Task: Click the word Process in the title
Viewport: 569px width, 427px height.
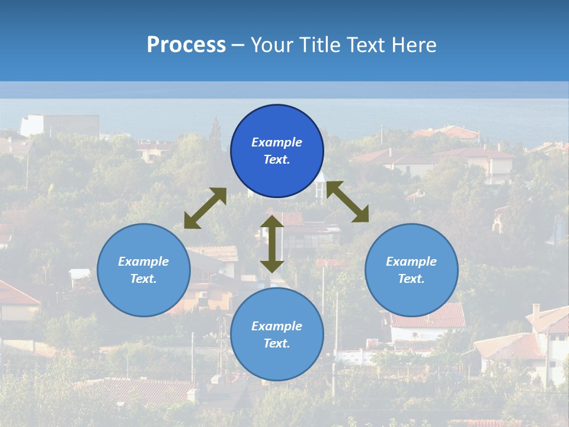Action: [186, 45]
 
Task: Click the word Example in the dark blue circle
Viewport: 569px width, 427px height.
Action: [277, 142]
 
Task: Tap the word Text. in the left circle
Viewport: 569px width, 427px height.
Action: [143, 279]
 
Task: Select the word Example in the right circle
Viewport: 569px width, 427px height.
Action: [411, 262]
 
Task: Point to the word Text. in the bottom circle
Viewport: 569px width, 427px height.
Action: [277, 343]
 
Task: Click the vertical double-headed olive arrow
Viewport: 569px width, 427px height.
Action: [272, 244]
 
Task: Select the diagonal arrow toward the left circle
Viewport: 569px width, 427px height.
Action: [205, 208]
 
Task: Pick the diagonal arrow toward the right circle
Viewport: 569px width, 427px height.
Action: [347, 202]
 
